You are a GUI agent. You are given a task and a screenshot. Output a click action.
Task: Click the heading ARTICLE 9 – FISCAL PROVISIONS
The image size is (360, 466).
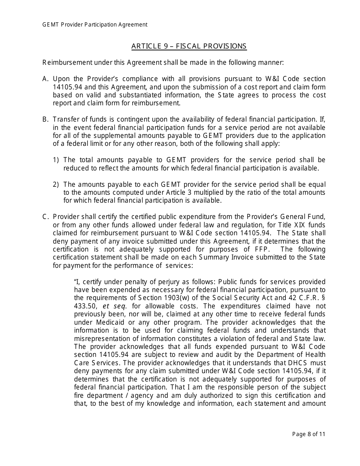tap(189, 46)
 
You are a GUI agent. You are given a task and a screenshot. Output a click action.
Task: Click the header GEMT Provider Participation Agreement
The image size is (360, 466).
tap(95, 25)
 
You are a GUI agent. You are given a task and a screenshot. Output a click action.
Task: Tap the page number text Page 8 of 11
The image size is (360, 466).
tap(308, 434)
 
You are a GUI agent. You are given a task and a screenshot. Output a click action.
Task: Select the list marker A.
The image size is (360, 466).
tap(45, 79)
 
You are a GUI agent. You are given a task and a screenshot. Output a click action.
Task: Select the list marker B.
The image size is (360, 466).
tap(45, 119)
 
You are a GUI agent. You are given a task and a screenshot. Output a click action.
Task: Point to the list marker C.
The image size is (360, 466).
tap(45, 217)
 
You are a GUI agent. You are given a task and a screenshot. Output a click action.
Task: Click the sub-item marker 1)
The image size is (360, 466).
tap(56, 160)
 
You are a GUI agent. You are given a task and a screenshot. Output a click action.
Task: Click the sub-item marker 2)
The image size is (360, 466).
tap(56, 185)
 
